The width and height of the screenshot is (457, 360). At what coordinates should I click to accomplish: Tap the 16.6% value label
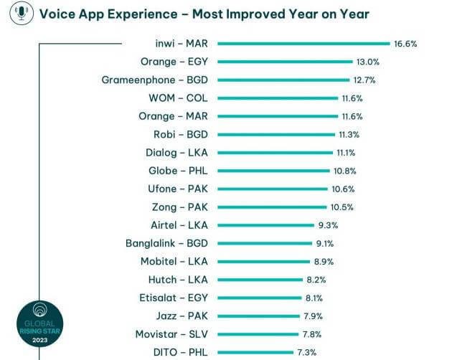point(405,44)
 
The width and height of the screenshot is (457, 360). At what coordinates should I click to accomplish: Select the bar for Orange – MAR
point(277,116)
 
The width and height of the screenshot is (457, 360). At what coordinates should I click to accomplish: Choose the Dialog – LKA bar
point(275,153)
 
